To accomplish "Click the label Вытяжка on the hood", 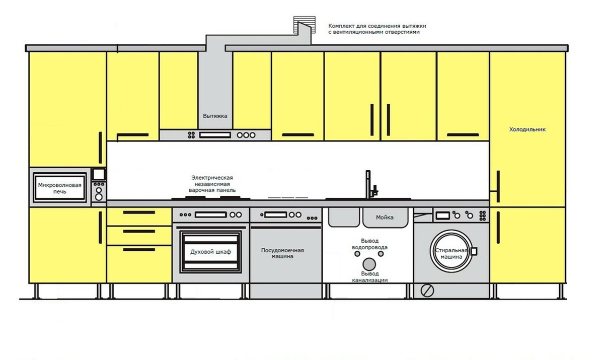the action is [215, 116].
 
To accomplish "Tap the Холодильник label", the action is [527, 129].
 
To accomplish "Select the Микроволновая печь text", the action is [59, 188].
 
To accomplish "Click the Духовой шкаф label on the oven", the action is [210, 252].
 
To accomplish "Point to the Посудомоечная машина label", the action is [282, 253].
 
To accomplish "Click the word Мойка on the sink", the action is [385, 218].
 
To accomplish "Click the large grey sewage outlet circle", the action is [369, 264].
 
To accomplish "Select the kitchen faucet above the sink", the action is [371, 185].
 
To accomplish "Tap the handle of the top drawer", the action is [139, 212].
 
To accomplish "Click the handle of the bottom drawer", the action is [139, 250].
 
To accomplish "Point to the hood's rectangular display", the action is [215, 135].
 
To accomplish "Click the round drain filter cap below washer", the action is [427, 291].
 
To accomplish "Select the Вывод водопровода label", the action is [369, 244].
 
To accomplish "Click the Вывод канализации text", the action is [369, 277].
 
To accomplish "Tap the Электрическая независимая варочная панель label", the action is [212, 184].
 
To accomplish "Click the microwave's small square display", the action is [99, 175].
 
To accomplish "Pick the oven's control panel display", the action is [210, 215].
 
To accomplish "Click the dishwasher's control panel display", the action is [276, 215].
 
